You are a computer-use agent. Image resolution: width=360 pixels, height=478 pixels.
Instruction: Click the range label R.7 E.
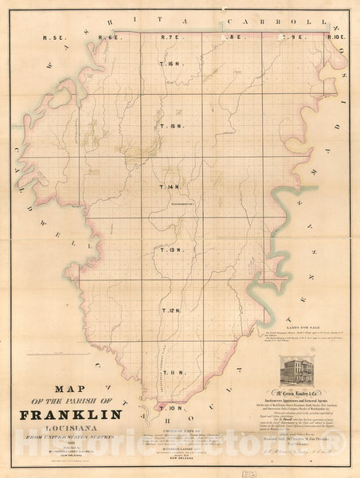[173, 37]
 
